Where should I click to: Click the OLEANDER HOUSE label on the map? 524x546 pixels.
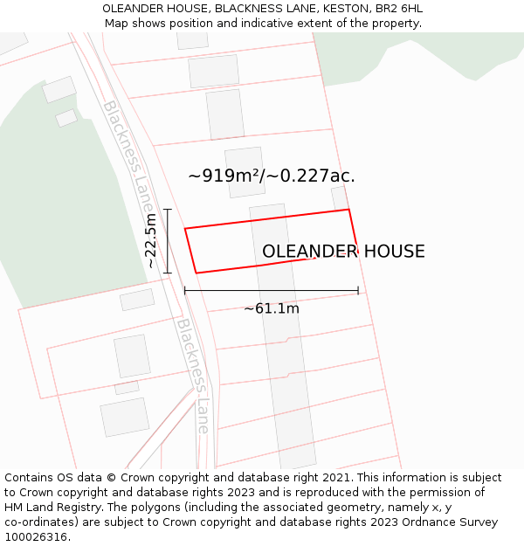click(343, 252)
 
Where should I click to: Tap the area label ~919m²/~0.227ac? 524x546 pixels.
click(272, 176)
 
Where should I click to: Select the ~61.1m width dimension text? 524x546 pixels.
click(272, 308)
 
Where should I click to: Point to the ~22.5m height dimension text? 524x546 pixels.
click(151, 240)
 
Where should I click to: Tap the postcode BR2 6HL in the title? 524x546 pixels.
click(399, 8)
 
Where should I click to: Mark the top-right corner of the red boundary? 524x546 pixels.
click(348, 210)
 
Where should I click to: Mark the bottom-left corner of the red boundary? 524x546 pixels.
click(196, 273)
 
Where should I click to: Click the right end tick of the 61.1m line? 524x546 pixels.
click(358, 291)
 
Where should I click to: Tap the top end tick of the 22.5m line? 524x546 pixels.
click(168, 210)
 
